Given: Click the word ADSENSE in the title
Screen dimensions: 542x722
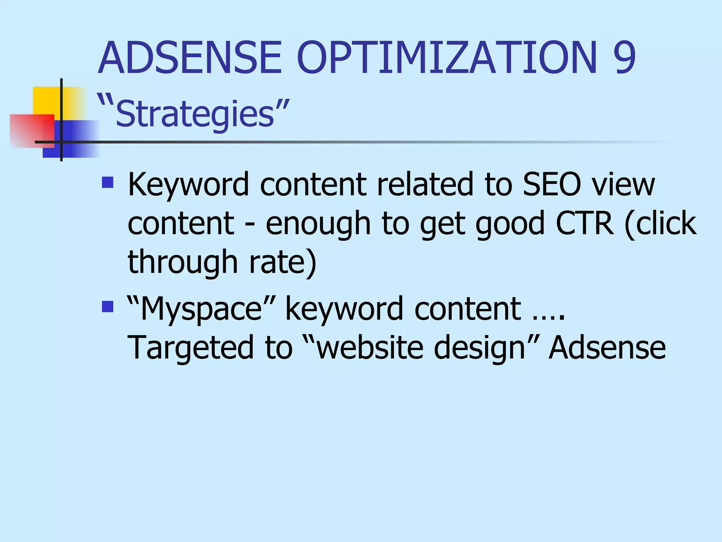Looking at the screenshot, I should [190, 58].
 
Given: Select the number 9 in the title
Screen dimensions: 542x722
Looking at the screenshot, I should [624, 58].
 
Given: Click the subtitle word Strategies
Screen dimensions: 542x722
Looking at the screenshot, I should [195, 114].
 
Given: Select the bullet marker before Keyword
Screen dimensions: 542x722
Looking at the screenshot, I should [108, 182].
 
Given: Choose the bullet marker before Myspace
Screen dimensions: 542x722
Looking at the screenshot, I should [108, 306].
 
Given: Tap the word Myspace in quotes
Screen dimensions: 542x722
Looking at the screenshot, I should [201, 309].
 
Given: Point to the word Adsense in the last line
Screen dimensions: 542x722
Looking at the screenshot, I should [607, 348].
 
